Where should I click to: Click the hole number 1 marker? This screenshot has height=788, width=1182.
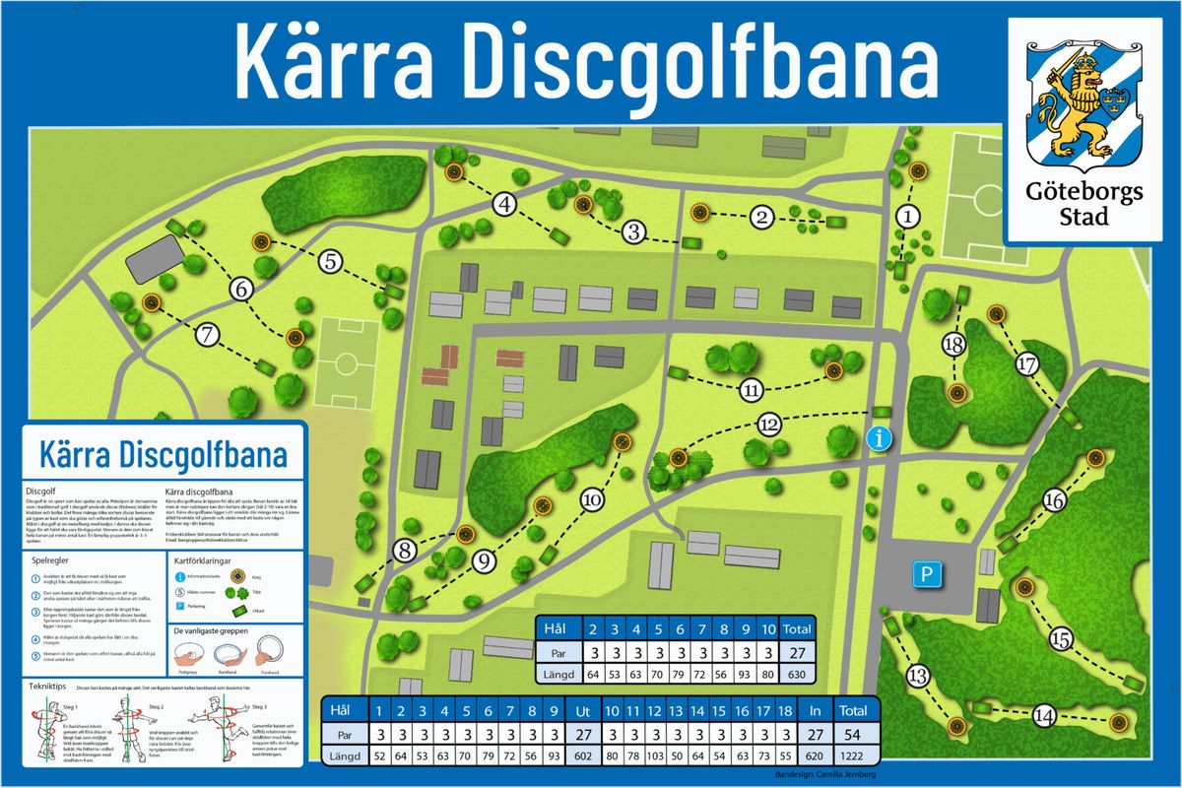[909, 215]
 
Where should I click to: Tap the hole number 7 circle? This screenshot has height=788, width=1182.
[207, 334]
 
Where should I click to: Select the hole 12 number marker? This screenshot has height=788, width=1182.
[770, 425]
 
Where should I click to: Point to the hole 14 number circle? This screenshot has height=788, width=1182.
[1044, 716]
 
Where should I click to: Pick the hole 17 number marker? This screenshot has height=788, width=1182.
[1028, 364]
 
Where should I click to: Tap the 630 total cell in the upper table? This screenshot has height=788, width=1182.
[797, 675]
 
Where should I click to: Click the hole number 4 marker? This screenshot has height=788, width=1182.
[505, 205]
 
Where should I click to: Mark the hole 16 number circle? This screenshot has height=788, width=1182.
[1054, 501]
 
